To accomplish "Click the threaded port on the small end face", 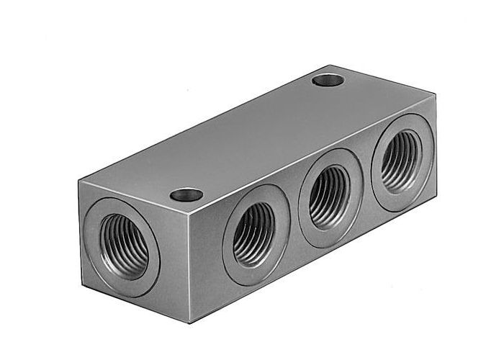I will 124,247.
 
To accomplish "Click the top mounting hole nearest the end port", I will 186,194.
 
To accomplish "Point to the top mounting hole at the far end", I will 328,80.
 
